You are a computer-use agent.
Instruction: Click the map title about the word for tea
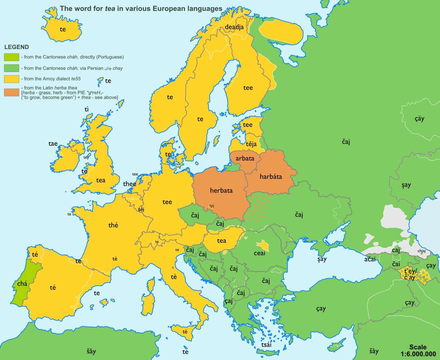point(141,9)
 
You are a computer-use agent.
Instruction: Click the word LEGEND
point(16,47)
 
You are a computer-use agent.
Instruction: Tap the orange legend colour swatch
point(11,92)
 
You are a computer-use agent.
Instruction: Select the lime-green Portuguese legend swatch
point(11,57)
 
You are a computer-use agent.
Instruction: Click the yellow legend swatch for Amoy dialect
point(11,79)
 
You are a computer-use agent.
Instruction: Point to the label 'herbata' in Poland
point(221,191)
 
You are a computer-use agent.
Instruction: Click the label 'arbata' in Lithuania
point(245,159)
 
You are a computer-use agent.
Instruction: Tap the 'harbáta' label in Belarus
point(271,176)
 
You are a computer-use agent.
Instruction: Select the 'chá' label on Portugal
point(22,283)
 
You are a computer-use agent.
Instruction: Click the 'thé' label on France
point(113,225)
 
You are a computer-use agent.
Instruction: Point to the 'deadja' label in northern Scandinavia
point(234,27)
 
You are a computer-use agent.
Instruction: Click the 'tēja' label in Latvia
point(251,144)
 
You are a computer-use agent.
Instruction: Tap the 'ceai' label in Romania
point(259,253)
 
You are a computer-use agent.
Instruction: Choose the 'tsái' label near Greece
point(266,344)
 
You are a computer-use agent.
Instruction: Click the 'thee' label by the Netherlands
point(130,184)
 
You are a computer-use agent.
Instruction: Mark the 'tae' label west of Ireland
point(53,144)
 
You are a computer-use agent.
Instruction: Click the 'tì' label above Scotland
point(87,110)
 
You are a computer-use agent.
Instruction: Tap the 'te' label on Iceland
point(63,29)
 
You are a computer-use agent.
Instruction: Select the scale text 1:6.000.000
point(418,354)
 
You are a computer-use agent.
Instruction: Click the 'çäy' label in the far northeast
point(419,119)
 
